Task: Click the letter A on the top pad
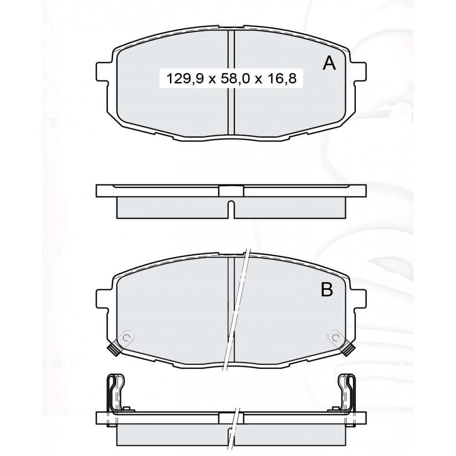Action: pyautogui.click(x=329, y=63)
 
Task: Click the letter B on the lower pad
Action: pyautogui.click(x=326, y=290)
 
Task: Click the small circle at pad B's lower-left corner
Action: pyautogui.click(x=126, y=337)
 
